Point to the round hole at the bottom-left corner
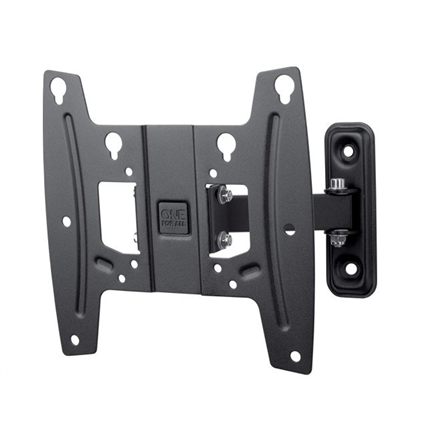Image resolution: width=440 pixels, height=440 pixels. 74,340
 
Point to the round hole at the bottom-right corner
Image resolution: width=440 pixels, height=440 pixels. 294,354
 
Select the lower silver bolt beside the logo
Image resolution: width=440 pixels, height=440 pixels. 226,240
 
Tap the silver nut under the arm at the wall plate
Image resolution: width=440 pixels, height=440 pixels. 338,236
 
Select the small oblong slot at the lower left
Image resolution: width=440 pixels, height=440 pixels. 103,262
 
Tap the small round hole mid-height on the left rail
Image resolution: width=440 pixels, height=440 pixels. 66,221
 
